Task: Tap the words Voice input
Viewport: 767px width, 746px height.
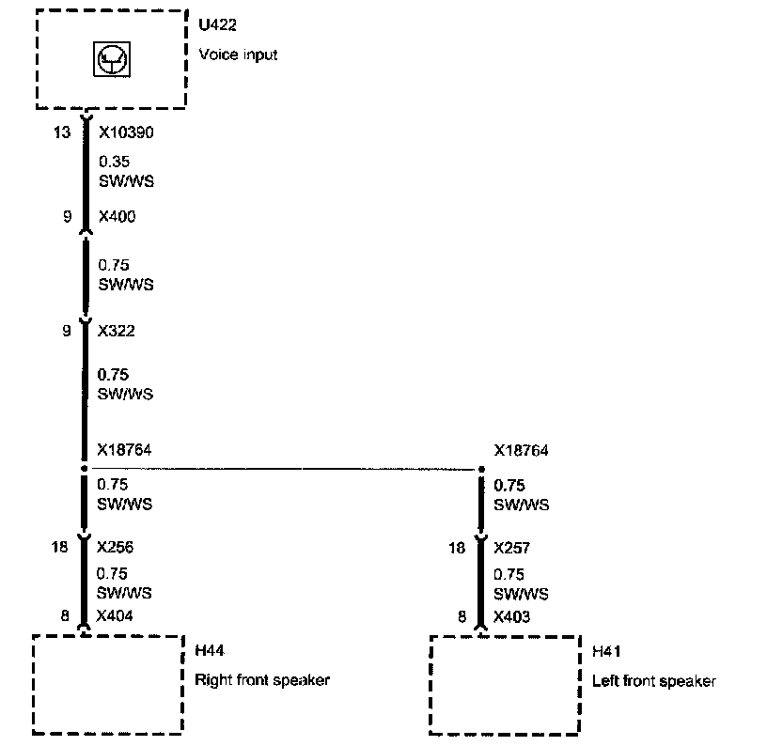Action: [239, 54]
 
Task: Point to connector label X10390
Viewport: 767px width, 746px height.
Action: [126, 132]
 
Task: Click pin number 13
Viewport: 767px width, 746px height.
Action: [61, 132]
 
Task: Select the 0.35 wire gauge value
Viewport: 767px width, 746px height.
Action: [114, 162]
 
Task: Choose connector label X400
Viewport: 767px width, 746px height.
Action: [117, 217]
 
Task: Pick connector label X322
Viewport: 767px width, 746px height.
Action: [117, 330]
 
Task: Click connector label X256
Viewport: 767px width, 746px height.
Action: [117, 547]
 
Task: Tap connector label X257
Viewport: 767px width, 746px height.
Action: [513, 547]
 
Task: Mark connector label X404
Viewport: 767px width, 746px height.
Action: [117, 617]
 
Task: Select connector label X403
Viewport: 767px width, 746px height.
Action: [513, 617]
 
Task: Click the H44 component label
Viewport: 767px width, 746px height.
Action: [209, 650]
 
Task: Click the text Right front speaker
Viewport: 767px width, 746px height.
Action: [262, 679]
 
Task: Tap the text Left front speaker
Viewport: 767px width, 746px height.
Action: [654, 681]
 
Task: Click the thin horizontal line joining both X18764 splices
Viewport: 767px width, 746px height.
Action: [282, 468]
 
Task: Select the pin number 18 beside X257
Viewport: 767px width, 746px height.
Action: [457, 547]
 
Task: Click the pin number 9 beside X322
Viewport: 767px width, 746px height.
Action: [67, 330]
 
